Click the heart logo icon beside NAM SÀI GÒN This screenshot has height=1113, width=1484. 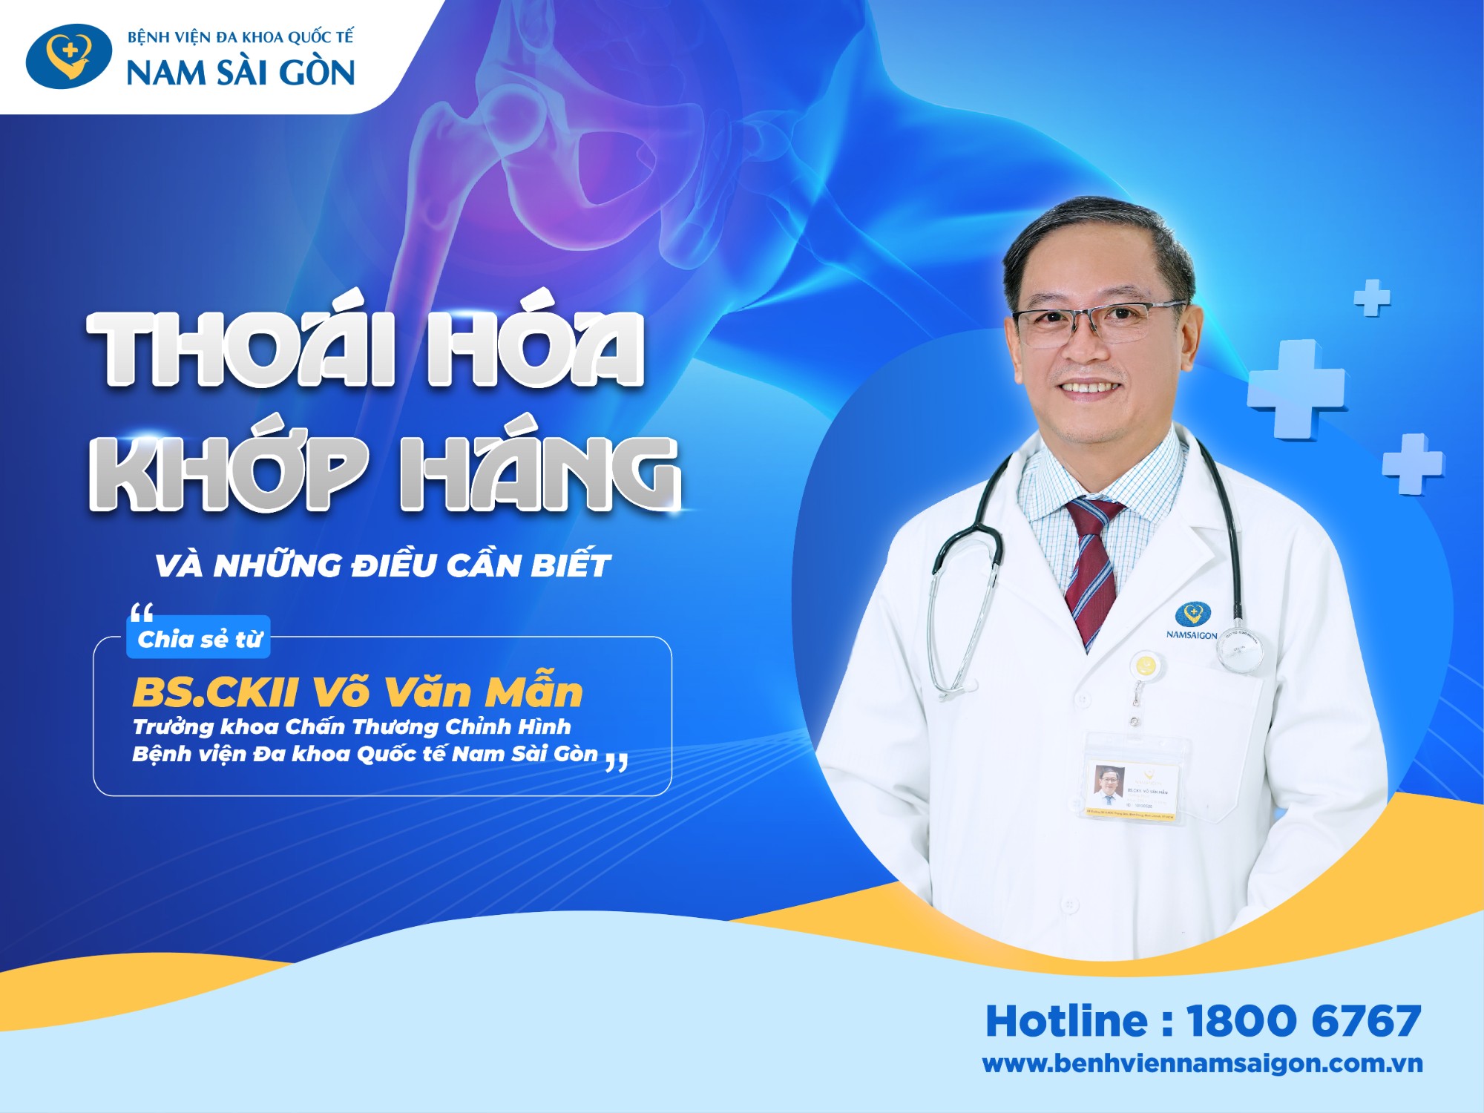[x=68, y=56]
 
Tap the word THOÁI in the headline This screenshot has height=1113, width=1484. [x=241, y=349]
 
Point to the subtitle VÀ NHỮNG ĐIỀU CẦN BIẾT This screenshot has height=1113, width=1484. [x=382, y=565]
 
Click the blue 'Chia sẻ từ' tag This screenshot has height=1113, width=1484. [x=200, y=639]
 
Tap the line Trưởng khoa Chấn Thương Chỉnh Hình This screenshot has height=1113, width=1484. [x=352, y=726]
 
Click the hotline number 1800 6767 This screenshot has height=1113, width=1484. [x=1304, y=1021]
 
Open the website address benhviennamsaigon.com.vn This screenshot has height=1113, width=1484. [x=1202, y=1063]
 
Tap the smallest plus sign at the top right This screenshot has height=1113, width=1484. [x=1372, y=298]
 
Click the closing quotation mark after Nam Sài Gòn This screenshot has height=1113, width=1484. [x=617, y=761]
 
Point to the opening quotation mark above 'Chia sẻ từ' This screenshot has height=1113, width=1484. [x=141, y=613]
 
